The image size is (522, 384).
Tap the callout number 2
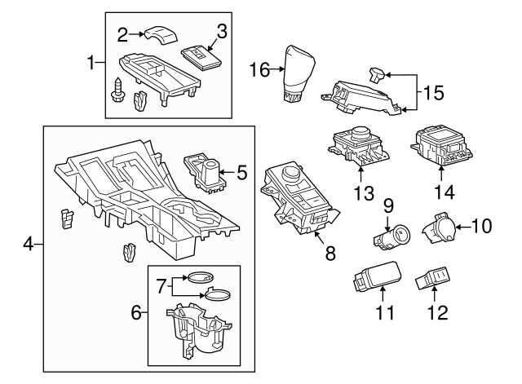click(x=123, y=34)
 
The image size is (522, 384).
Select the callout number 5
click(x=241, y=172)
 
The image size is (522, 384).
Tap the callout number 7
click(x=161, y=286)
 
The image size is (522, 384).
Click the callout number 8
click(x=330, y=254)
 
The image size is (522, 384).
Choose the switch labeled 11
click(x=374, y=277)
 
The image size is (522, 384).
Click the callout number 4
click(x=27, y=244)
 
